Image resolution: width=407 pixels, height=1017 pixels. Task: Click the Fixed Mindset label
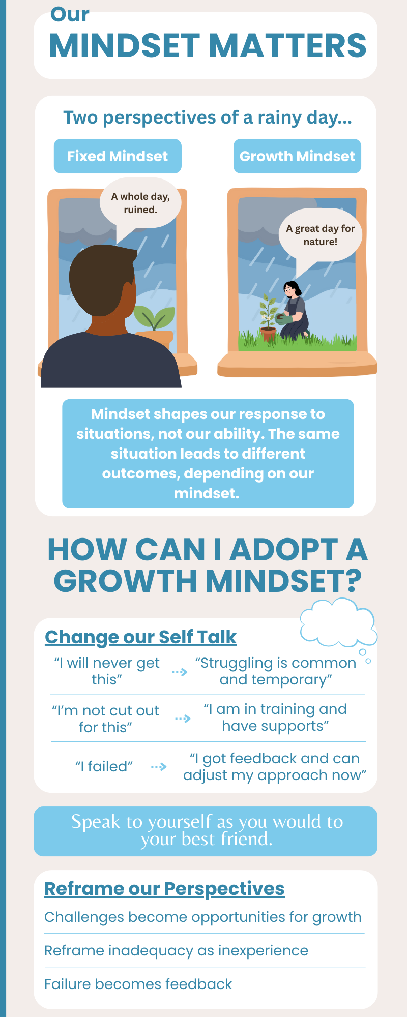click(x=118, y=156)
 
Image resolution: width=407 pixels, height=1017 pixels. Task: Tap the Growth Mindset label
click(x=297, y=156)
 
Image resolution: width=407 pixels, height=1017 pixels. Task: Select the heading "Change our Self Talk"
click(x=140, y=637)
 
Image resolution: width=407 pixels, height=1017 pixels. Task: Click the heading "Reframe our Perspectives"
click(x=164, y=889)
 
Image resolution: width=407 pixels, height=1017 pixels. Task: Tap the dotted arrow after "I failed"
click(x=159, y=766)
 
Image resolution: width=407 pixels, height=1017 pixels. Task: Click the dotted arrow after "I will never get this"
click(x=180, y=672)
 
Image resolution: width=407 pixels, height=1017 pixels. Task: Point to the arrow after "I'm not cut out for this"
click(x=183, y=719)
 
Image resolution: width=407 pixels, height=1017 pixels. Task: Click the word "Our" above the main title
click(x=70, y=14)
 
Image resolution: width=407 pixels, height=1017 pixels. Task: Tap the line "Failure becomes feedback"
click(x=138, y=984)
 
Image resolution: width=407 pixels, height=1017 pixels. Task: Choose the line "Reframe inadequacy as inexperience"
click(x=176, y=951)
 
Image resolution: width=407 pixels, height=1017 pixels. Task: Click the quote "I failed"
click(x=104, y=766)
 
